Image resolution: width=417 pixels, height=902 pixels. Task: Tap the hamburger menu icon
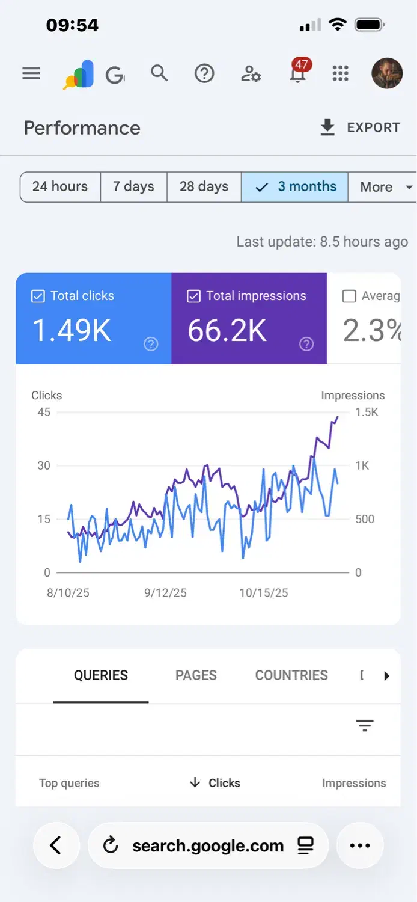click(31, 74)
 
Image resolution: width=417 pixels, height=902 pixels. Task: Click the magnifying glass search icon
click(159, 73)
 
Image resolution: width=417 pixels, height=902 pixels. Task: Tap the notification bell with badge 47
click(297, 74)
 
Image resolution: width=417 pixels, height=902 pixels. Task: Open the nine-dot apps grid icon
click(341, 74)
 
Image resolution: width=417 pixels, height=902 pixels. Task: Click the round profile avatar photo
click(387, 73)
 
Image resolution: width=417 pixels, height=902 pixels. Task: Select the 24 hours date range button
click(60, 187)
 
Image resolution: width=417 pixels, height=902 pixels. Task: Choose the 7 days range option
click(133, 187)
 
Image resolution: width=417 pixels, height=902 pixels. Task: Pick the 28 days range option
click(204, 187)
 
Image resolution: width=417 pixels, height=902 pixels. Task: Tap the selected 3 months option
click(295, 187)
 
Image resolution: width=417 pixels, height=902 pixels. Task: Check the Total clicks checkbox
click(38, 296)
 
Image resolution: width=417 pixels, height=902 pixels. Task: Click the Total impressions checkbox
click(193, 296)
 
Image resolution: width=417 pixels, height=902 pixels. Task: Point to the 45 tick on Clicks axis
click(44, 413)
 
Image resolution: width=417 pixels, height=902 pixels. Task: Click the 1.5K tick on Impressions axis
click(367, 413)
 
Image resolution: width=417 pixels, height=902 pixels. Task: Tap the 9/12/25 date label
click(165, 593)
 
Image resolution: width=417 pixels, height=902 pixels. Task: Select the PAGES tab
click(196, 675)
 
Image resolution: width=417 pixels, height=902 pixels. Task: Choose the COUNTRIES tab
click(291, 675)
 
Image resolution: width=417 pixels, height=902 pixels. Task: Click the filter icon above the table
click(365, 726)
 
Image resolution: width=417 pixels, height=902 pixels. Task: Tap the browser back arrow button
click(56, 846)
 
